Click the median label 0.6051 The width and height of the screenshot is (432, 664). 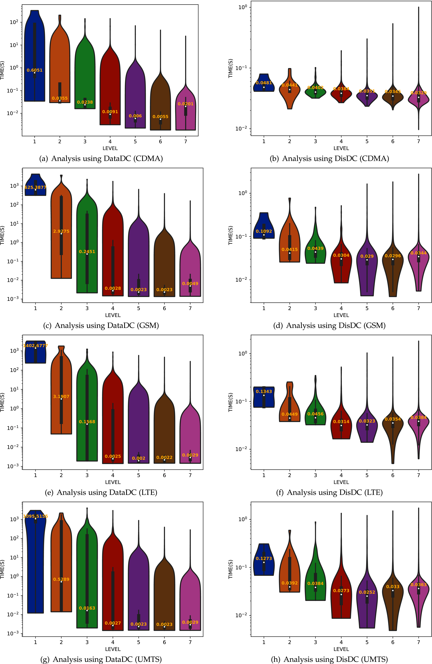[x=35, y=70]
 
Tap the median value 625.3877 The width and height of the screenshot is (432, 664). [x=35, y=187]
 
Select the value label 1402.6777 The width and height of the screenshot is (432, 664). [x=35, y=345]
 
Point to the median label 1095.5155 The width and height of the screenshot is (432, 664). [x=35, y=516]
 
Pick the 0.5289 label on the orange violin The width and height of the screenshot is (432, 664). [x=61, y=579]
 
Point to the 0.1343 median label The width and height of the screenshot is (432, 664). [x=264, y=391]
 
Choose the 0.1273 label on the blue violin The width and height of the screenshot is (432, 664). [x=264, y=558]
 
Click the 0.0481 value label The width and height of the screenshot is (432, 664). [x=264, y=83]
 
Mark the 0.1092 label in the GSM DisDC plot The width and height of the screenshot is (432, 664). [x=264, y=231]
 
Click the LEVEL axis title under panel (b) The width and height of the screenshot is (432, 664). [x=341, y=148]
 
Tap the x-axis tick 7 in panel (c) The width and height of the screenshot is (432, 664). [x=190, y=308]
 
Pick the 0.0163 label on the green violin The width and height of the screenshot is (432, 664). [x=87, y=608]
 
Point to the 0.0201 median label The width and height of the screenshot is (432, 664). [x=186, y=104]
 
